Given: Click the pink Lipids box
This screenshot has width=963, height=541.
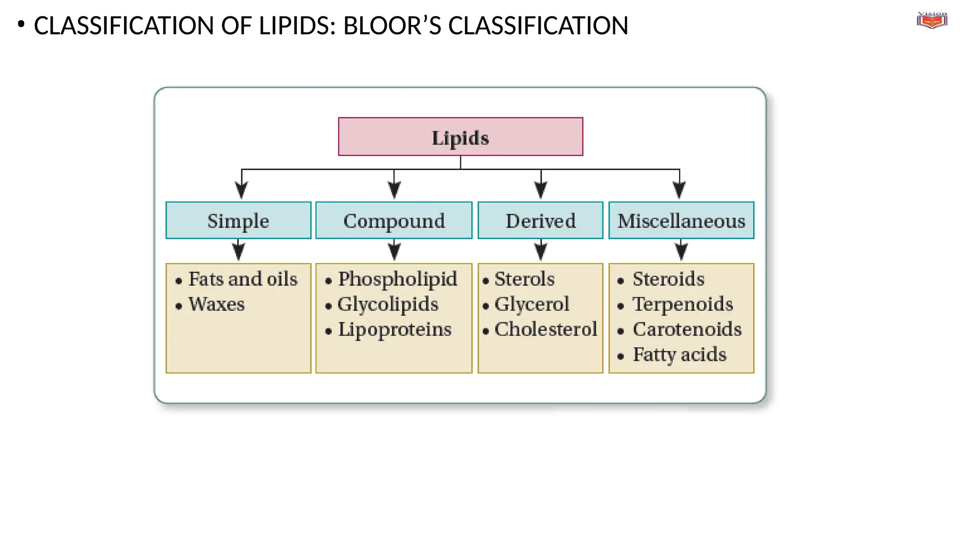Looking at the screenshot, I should [460, 137].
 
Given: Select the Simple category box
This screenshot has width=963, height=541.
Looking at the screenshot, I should [238, 221].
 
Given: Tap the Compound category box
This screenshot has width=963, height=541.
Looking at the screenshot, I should [394, 221].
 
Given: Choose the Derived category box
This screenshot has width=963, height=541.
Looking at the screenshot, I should [540, 221].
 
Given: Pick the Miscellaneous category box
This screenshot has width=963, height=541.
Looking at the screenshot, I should [681, 221].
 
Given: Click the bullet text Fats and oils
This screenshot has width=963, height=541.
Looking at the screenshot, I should [243, 279].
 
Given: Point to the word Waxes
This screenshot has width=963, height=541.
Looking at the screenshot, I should [216, 304].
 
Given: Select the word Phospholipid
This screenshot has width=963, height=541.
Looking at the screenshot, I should [397, 279].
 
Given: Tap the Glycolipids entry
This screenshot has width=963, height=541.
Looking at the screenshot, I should [388, 304].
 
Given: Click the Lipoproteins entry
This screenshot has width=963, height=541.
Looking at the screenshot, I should [395, 330].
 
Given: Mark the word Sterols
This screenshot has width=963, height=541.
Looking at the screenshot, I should [524, 279].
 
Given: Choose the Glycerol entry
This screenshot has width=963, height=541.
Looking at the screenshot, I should [532, 304].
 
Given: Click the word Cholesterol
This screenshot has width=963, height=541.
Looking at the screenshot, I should [545, 330].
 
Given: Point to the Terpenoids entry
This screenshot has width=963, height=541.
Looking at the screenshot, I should [682, 304].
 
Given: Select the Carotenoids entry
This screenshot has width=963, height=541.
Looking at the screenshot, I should [687, 330].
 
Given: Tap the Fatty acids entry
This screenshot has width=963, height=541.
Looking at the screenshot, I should [679, 355].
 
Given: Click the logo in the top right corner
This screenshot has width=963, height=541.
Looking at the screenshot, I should [931, 21].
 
